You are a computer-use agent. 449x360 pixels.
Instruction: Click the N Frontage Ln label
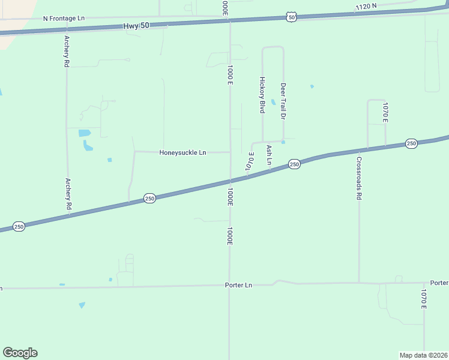64,19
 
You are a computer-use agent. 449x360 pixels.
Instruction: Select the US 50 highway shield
291,17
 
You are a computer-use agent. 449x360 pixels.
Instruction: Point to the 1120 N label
366,7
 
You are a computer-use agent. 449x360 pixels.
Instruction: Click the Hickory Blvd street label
262,95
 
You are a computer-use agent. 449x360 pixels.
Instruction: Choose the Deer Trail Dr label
283,100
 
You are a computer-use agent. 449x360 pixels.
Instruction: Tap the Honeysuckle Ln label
182,152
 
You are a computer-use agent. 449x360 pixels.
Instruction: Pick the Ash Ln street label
269,155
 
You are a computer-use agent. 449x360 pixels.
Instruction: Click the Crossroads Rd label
358,178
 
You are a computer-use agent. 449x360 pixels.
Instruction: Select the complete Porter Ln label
239,285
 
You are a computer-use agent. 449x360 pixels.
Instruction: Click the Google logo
20,353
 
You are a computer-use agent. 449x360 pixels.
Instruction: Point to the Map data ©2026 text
424,355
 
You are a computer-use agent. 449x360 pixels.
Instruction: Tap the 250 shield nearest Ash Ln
294,164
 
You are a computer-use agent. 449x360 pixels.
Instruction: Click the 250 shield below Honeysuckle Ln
149,198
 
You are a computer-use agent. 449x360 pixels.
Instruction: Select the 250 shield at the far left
19,226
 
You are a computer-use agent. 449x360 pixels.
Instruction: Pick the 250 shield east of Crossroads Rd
411,143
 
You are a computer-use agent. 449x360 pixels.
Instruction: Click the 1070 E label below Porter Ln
423,299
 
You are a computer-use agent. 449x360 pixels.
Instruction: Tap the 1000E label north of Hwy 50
224,8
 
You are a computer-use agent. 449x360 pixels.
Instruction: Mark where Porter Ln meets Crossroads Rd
359,282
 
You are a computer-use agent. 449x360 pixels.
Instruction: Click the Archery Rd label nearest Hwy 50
67,51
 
